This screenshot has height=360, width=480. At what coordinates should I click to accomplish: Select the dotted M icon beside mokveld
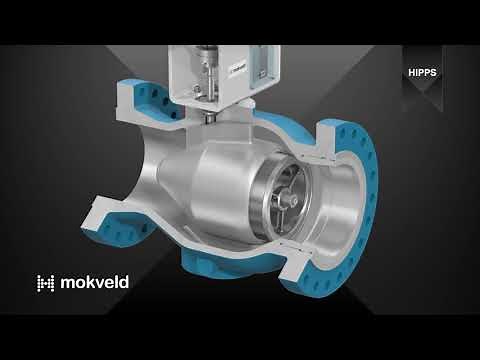45,283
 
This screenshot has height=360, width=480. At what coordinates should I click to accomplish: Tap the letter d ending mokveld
123,282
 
